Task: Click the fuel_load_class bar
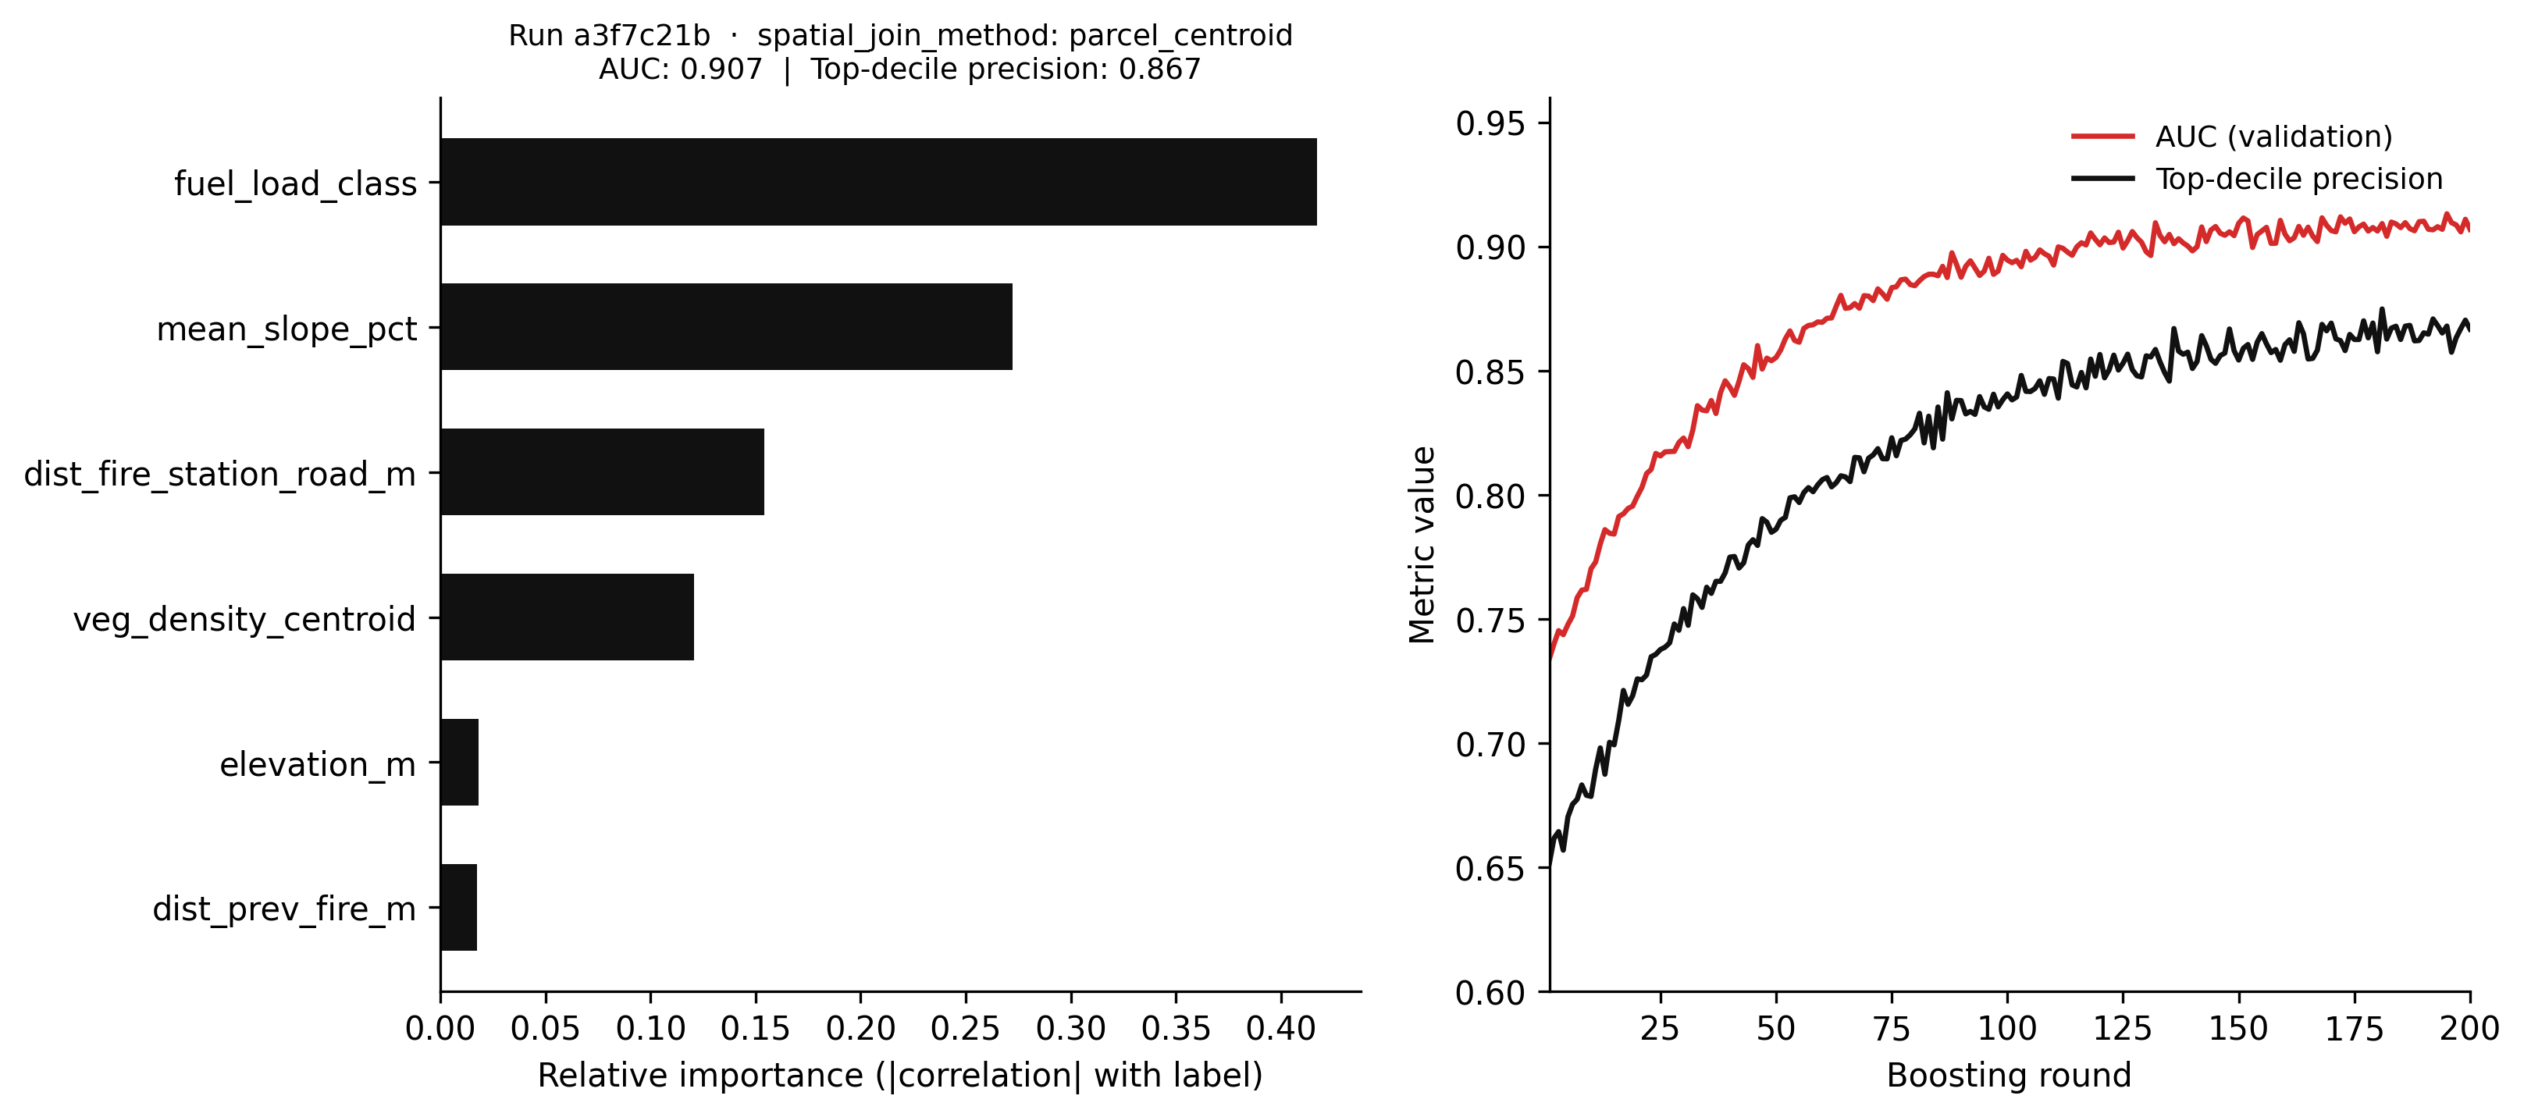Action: point(878,182)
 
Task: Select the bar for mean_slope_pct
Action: point(726,327)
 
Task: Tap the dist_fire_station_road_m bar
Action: point(602,472)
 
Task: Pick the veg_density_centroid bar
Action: point(568,617)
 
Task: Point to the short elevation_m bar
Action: point(460,763)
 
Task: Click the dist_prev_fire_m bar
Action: point(458,907)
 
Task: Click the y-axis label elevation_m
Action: point(318,764)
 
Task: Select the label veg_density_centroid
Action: point(244,619)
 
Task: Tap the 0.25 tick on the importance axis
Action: point(966,1029)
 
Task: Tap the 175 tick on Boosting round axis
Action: point(2354,1029)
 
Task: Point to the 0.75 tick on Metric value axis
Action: point(1490,621)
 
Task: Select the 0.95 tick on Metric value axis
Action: point(1490,123)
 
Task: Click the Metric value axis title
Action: point(1422,545)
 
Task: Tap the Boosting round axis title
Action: point(2009,1076)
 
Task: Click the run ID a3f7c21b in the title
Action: point(641,35)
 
